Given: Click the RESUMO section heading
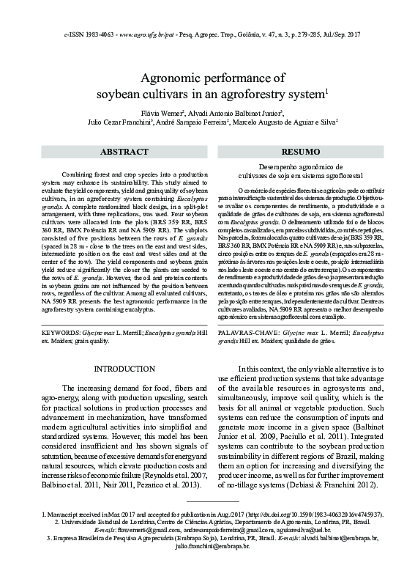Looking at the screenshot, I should click(300, 151).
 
